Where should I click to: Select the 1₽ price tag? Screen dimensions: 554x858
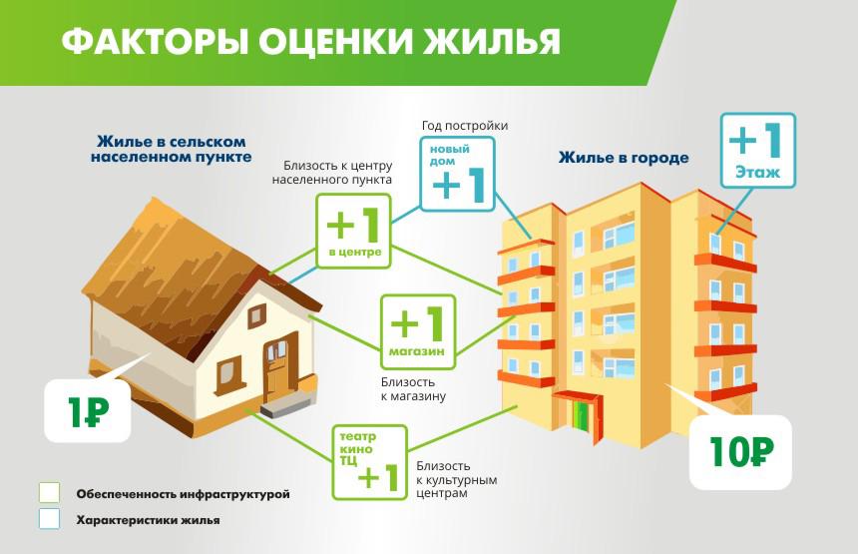(x=89, y=411)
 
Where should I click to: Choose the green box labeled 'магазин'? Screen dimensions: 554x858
(x=418, y=330)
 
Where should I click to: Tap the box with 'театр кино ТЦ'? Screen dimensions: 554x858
(x=370, y=462)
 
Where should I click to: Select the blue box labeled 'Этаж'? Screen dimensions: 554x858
(x=757, y=150)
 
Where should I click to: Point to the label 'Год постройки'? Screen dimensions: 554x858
(x=465, y=126)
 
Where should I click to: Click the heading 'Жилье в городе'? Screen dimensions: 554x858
(x=624, y=158)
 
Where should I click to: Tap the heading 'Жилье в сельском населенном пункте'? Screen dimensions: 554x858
(x=171, y=150)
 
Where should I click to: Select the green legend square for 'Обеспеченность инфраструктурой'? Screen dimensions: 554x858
(x=50, y=493)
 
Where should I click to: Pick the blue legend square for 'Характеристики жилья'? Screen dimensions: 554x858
(x=50, y=519)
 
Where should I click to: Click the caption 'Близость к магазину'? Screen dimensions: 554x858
(x=413, y=389)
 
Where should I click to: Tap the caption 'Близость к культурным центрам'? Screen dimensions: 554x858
(x=457, y=479)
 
